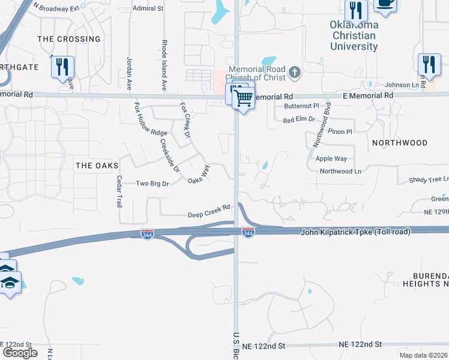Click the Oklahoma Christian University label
[x=354, y=35]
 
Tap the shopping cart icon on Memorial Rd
[x=244, y=97]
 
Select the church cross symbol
[x=294, y=73]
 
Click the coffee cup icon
[x=385, y=3]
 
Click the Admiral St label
[x=148, y=8]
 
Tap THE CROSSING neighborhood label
[x=69, y=39]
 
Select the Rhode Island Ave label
[x=164, y=65]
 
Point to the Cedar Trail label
[x=119, y=191]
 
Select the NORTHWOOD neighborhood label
[x=400, y=143]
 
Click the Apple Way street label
[x=331, y=158]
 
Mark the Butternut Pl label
[x=301, y=105]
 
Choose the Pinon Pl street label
[x=341, y=131]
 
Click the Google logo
[x=20, y=353]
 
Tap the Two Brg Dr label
[x=150, y=184]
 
